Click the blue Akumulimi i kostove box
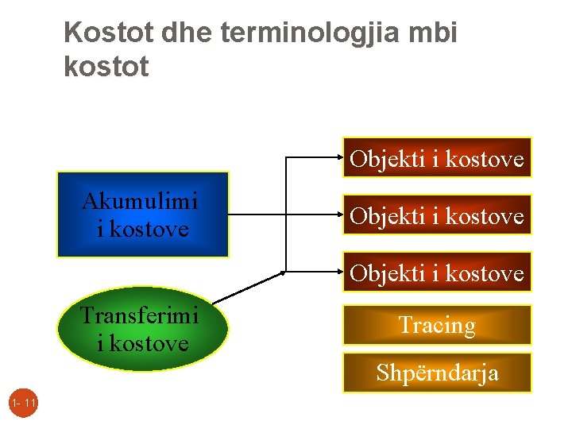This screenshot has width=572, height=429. [142, 214]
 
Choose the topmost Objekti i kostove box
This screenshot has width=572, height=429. [437, 157]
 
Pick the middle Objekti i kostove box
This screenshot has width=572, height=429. [437, 214]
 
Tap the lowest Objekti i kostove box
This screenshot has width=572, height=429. [437, 272]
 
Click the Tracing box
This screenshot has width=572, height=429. [437, 325]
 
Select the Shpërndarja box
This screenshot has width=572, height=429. [437, 372]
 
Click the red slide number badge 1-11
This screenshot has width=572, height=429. [24, 404]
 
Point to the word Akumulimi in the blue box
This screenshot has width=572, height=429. [140, 202]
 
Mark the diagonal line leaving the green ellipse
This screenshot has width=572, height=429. [248, 288]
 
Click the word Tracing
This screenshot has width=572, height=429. [437, 325]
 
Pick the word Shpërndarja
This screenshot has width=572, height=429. [437, 372]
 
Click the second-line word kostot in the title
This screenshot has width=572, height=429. [106, 67]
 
